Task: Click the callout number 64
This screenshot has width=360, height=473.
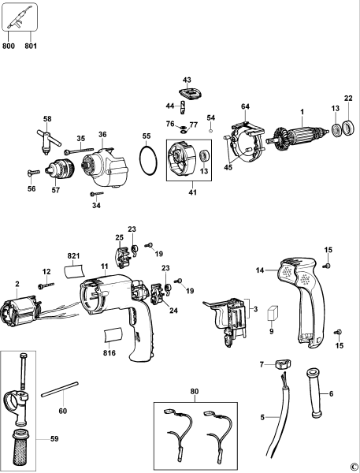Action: pyautogui.click(x=245, y=106)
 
